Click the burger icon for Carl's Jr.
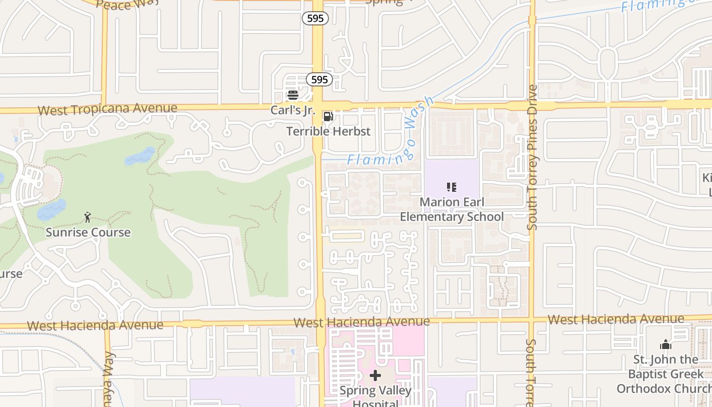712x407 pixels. (292, 95)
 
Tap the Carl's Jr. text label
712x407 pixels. (293, 110)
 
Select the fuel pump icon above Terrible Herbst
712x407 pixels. (329, 117)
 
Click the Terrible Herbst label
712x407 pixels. (329, 131)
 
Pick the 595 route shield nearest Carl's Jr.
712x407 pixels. (319, 79)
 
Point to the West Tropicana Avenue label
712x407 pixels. (107, 109)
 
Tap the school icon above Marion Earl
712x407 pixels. (451, 187)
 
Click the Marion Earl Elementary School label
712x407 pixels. (452, 210)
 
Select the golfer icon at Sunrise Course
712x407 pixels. (87, 217)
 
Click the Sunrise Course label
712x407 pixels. (88, 232)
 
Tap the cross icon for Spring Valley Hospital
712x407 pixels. (375, 376)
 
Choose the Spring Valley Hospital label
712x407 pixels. (375, 396)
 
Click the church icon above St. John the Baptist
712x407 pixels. (666, 345)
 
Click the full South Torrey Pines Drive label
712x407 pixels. (532, 157)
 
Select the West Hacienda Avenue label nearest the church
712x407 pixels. (616, 319)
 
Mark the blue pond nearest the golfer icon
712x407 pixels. (51, 209)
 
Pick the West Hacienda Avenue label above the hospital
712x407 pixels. (362, 322)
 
